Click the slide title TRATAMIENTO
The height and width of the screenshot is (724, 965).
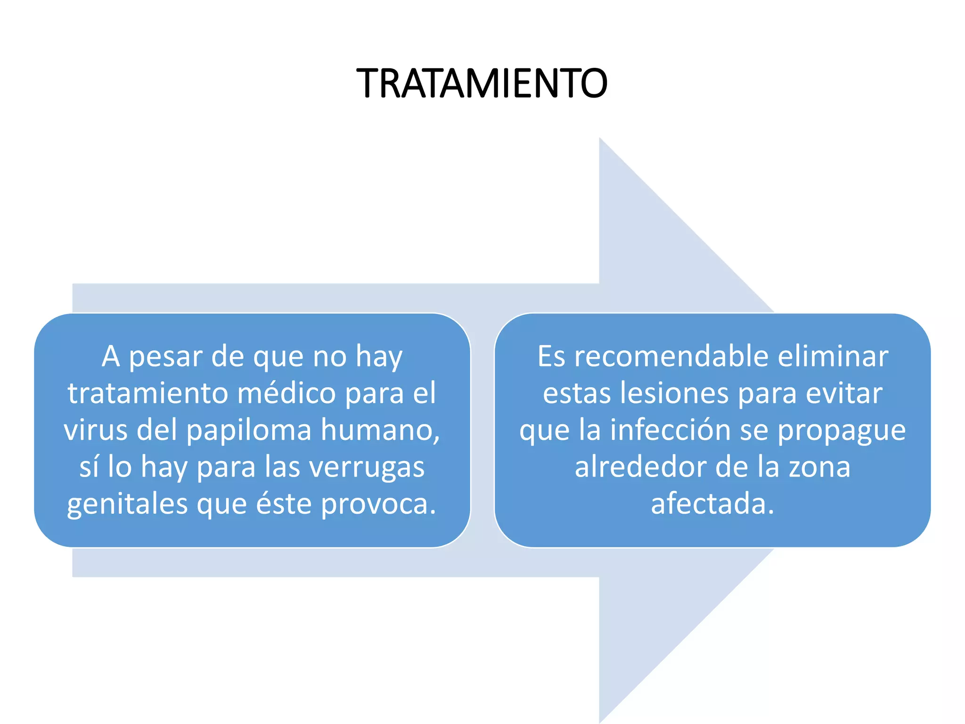(x=482, y=83)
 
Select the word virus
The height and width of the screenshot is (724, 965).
(x=96, y=430)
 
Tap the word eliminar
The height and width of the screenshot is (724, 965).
(x=833, y=356)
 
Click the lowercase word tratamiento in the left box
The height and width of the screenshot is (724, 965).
(x=147, y=393)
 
